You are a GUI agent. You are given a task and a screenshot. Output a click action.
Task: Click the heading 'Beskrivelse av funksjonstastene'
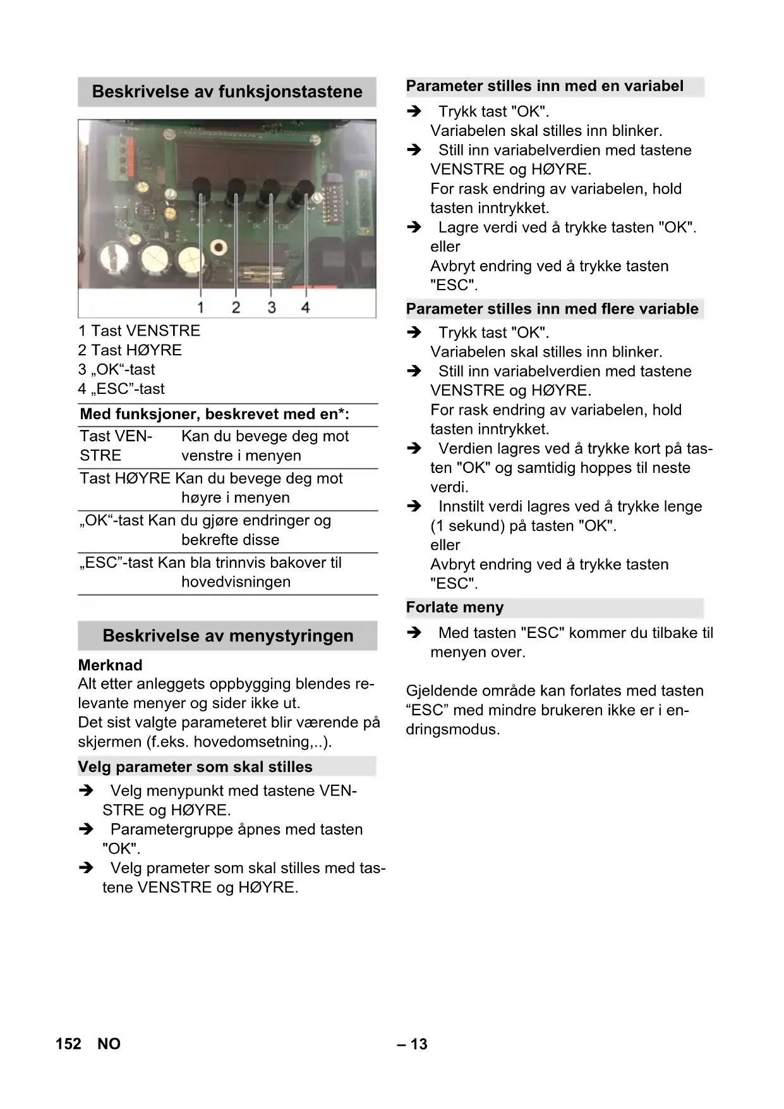(227, 92)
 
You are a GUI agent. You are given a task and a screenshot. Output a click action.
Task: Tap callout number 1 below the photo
(200, 307)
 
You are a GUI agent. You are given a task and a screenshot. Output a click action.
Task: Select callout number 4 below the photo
(306, 307)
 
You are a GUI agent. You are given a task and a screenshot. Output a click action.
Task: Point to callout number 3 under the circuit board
(271, 307)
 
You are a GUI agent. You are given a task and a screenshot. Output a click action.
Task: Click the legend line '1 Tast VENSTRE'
(139, 331)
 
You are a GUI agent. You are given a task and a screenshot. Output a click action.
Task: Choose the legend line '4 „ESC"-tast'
(121, 389)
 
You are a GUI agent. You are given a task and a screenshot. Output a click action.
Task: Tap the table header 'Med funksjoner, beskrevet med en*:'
(214, 415)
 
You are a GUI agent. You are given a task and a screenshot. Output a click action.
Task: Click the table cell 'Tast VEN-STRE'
(116, 446)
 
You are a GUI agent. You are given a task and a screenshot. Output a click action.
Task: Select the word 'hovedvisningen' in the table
(236, 582)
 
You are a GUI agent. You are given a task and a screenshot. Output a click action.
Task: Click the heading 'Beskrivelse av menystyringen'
(227, 636)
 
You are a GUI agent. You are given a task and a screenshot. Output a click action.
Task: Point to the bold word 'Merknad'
(110, 665)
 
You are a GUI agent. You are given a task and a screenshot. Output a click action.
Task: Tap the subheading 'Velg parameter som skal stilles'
(195, 767)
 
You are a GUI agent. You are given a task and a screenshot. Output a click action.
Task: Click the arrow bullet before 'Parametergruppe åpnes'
(86, 830)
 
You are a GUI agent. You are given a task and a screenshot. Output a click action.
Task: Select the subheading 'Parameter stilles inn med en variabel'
(545, 86)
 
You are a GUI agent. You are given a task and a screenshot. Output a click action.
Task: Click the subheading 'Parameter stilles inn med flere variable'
(552, 309)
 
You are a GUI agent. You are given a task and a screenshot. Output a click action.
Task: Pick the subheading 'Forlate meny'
(455, 608)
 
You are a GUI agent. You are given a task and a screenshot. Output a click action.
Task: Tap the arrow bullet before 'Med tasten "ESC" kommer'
(414, 633)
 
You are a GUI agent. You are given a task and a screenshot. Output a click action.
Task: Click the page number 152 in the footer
(68, 1044)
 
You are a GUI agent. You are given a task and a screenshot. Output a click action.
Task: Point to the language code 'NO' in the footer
(109, 1044)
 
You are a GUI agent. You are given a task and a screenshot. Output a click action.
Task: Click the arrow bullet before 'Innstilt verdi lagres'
(414, 506)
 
